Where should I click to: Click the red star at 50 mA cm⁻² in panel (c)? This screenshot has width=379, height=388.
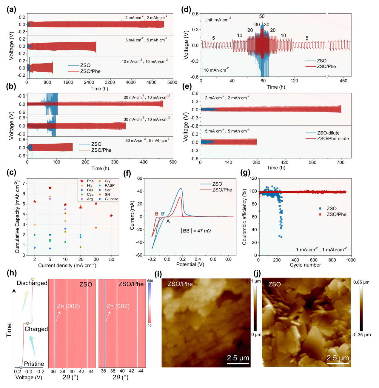click(x=111, y=216)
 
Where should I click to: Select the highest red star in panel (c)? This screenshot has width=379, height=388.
click(x=50, y=188)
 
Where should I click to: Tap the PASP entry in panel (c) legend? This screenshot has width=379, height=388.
click(x=110, y=185)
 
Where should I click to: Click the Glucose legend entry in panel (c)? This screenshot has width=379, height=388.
click(x=111, y=199)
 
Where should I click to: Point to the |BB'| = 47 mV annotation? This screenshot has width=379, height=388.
click(x=196, y=231)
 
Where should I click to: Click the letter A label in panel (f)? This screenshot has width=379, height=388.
click(x=168, y=221)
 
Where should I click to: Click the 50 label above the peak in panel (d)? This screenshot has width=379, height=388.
click(x=262, y=16)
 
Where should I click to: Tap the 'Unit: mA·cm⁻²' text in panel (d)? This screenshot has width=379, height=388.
click(x=218, y=20)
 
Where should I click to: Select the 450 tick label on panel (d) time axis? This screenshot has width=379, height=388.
click(x=343, y=81)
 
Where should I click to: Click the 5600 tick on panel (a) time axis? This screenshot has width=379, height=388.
click(x=172, y=82)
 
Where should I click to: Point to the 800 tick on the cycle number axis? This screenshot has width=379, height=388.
click(x=332, y=260)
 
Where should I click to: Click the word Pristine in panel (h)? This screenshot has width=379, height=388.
click(x=34, y=364)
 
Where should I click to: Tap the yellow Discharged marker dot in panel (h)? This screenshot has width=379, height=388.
click(x=33, y=279)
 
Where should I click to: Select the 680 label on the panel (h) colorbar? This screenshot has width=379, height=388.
click(x=150, y=281)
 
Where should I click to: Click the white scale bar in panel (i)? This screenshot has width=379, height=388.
click(x=238, y=364)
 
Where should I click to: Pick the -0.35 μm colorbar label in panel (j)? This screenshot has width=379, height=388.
click(x=361, y=335)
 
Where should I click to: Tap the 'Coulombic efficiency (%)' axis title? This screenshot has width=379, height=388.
click(x=244, y=217)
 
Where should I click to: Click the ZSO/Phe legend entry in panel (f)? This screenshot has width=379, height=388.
click(x=222, y=190)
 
